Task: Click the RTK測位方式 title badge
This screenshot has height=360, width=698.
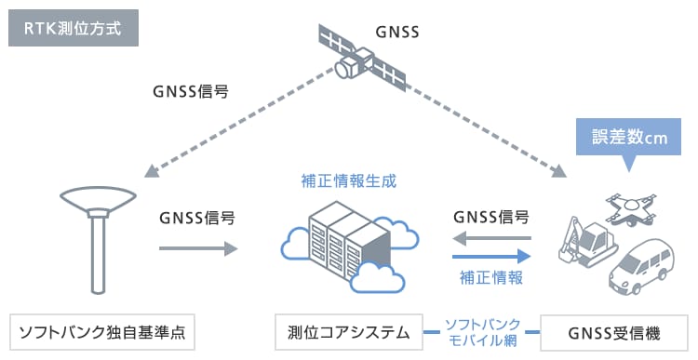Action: point(74,28)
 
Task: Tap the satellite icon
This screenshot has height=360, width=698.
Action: point(362,59)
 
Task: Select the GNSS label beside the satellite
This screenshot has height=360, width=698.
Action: point(397,32)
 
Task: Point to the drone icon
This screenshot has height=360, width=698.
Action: point(631,208)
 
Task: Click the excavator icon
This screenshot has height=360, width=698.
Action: point(585,240)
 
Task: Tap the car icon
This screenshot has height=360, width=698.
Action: point(641,266)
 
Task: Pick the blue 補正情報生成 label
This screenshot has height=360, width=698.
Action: point(349,181)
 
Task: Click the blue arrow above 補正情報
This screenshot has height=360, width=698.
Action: point(491,257)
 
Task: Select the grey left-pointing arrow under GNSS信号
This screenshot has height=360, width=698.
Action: point(491,238)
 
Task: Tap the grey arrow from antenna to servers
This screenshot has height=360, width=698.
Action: point(198,247)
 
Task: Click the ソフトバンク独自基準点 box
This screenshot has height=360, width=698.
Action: point(102,332)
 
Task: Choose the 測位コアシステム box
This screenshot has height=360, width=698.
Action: point(349,332)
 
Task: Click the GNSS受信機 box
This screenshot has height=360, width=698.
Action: point(614,333)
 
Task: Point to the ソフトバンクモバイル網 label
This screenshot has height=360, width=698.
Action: point(482,332)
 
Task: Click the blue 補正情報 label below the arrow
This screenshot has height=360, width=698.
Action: point(491,278)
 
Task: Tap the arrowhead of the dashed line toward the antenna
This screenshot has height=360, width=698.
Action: point(152,171)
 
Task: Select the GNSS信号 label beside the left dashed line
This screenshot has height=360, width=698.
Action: point(191,92)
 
